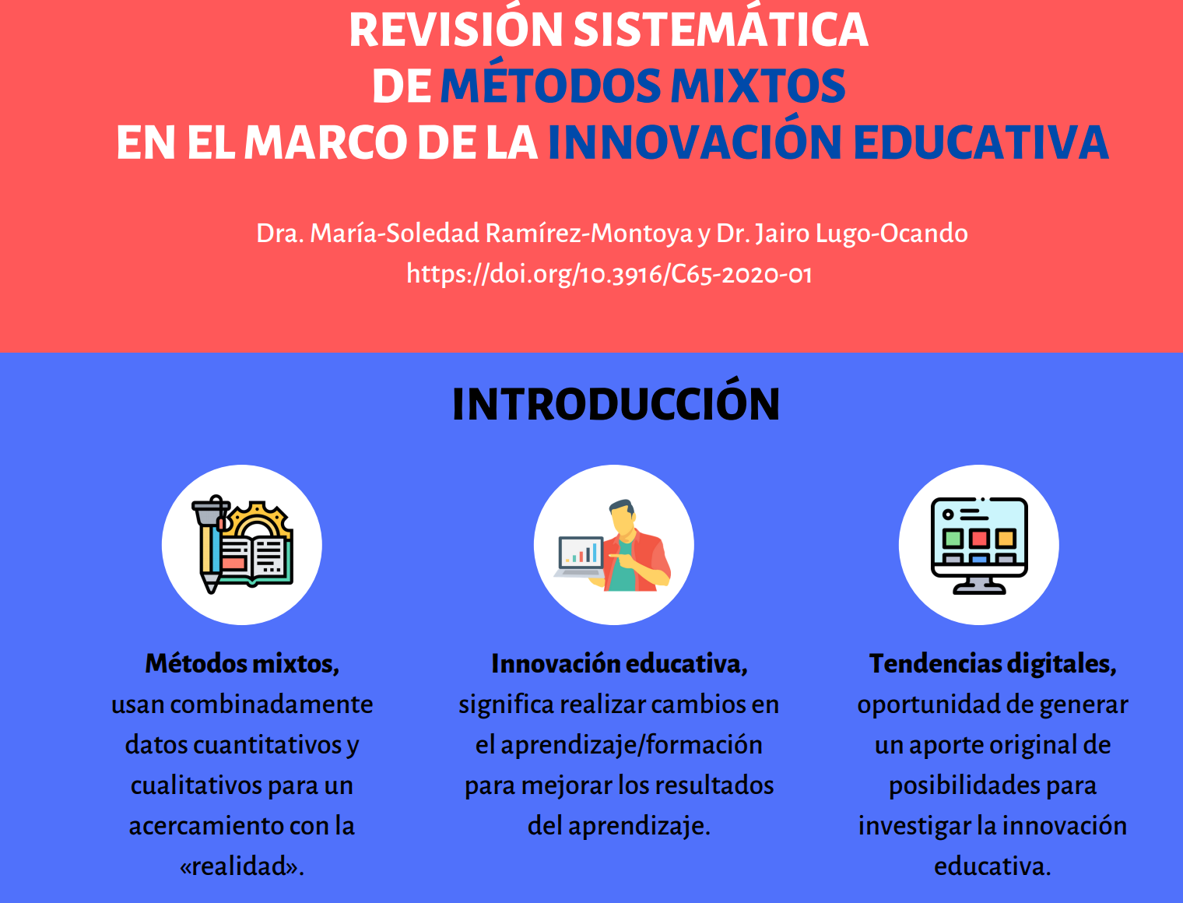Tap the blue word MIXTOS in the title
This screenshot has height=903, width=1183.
[758, 86]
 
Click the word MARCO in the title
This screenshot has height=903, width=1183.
[325, 142]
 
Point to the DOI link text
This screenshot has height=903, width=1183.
[609, 274]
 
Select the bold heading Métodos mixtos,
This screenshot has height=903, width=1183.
[242, 663]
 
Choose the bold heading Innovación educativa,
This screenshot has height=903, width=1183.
[620, 663]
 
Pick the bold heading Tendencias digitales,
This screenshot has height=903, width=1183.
[993, 663]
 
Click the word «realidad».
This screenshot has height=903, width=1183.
[242, 866]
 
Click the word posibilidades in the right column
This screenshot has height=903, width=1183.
[964, 785]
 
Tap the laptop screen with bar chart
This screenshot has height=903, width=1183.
[581, 553]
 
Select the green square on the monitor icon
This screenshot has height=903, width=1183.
[953, 539]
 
